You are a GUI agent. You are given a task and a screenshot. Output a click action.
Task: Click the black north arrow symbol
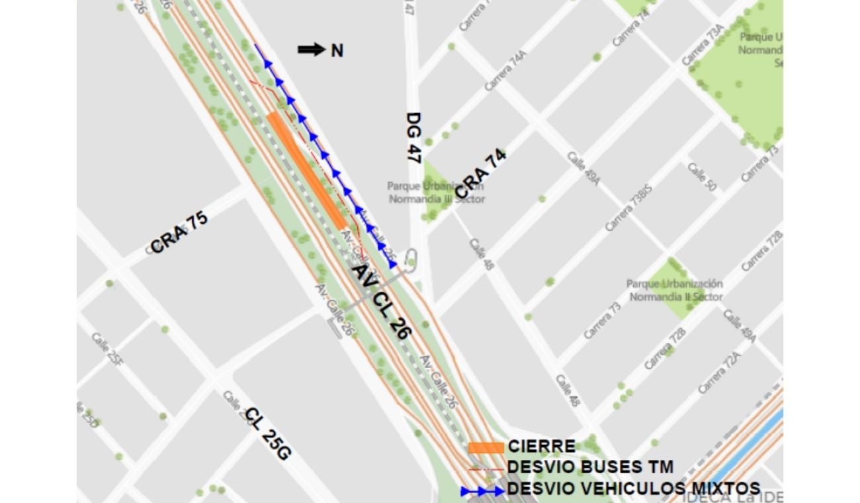[311, 50]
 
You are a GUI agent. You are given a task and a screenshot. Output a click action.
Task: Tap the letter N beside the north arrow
[337, 50]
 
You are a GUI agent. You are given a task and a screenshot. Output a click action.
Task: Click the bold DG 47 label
[414, 138]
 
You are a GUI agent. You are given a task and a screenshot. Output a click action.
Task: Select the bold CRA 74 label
[481, 173]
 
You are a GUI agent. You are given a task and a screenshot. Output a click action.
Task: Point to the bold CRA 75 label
[179, 232]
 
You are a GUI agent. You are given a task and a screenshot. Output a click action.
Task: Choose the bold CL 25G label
[268, 435]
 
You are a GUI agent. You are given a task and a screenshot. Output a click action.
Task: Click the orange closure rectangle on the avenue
[306, 171]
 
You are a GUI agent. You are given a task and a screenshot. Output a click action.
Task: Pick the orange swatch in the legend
[486, 447]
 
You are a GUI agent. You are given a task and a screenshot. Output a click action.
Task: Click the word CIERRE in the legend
[541, 447]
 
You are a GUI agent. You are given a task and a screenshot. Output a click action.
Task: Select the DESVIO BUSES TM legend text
[590, 467]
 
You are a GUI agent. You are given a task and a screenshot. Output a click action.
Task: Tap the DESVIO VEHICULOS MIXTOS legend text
[633, 489]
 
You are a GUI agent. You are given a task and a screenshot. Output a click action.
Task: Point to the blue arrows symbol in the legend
[483, 492]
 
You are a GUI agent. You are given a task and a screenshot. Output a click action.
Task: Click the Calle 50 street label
[702, 177]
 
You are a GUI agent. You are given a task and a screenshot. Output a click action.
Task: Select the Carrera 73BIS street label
[628, 208]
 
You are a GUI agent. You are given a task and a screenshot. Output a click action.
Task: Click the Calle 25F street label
[107, 349]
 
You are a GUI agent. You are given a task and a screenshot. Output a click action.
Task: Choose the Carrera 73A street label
[703, 50]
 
